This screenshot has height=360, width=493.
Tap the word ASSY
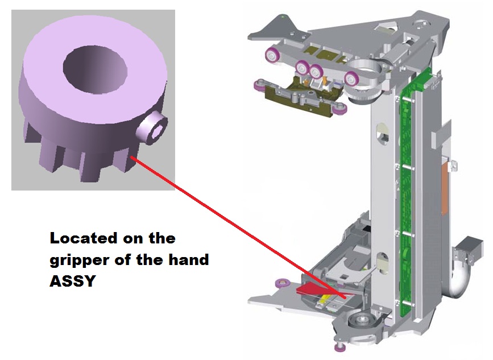tap(72, 281)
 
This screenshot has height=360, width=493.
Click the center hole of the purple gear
tap(95, 70)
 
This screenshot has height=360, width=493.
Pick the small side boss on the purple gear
tap(152, 130)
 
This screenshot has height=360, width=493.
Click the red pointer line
tap(238, 227)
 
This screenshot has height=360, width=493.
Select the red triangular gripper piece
tap(311, 289)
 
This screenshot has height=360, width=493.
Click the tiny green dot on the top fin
tap(283, 16)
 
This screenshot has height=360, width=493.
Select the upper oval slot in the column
tap(383, 134)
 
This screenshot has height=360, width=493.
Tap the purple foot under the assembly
tap(339, 347)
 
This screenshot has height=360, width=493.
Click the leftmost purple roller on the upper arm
tap(272, 56)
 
